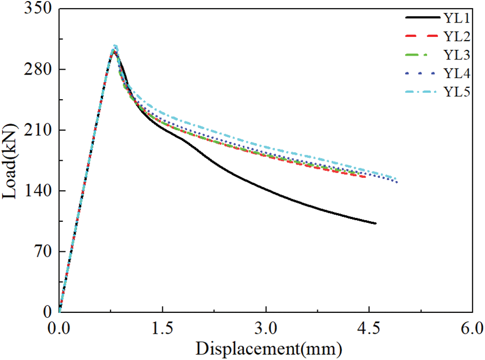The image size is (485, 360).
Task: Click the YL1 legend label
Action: [x=457, y=19]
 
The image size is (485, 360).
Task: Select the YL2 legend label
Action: [x=457, y=37]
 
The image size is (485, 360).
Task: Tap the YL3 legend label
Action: [x=457, y=55]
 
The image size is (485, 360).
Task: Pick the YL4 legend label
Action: [x=457, y=73]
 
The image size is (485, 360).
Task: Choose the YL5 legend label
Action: [x=457, y=92]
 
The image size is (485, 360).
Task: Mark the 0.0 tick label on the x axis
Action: [x=59, y=326]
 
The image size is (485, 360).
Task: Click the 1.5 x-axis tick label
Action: [x=162, y=326]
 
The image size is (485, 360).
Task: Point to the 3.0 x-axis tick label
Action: [x=266, y=326]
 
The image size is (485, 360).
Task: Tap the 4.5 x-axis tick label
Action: [x=369, y=326]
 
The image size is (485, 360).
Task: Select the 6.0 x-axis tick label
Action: [x=472, y=326]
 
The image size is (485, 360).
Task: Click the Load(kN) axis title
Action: [x=10, y=160]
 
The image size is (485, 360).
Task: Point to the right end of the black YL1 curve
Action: [x=376, y=223]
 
